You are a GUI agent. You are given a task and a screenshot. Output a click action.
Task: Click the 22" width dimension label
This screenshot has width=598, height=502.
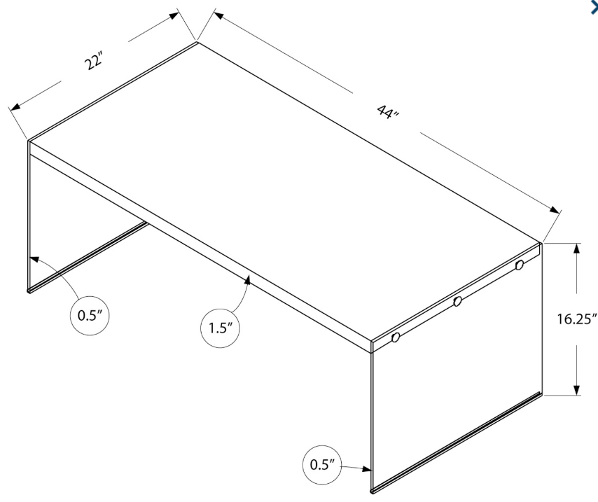tap(93, 60)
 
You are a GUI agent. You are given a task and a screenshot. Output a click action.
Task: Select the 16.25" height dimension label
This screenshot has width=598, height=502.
tap(576, 320)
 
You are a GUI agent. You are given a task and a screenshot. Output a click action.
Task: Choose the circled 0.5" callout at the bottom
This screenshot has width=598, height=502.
tap(323, 463)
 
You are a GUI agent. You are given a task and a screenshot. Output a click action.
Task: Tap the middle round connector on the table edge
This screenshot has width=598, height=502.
tap(457, 302)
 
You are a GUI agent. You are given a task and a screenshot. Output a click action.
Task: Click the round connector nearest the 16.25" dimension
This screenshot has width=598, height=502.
tap(519, 265)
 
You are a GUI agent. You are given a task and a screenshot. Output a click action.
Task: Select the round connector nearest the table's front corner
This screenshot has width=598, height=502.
tap(395, 338)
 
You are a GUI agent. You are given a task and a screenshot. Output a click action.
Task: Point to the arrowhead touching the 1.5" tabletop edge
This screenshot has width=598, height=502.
tap(248, 280)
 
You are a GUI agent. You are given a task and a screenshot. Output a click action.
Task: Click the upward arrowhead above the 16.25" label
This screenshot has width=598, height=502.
tap(576, 249)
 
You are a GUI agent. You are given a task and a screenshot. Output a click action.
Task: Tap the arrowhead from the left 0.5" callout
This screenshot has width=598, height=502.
tap(32, 258)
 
